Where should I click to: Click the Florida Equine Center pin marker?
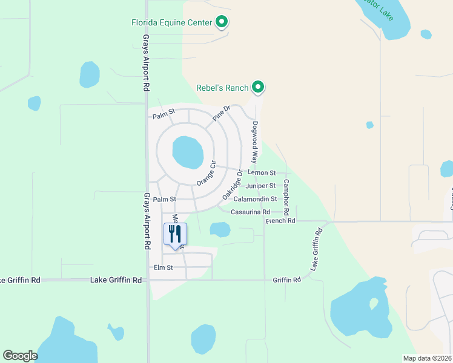(x=222, y=22)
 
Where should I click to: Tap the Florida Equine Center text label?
(x=171, y=23)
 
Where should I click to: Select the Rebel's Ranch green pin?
(x=259, y=88)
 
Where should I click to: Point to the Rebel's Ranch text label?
(x=222, y=88)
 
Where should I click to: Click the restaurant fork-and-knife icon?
(x=176, y=234)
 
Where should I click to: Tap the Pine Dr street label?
(x=222, y=114)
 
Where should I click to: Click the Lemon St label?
(x=262, y=173)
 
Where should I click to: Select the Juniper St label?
(x=261, y=186)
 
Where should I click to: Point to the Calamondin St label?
(x=255, y=198)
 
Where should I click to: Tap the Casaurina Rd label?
(x=250, y=212)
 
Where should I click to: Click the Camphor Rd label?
(x=286, y=198)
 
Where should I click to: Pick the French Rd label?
(x=280, y=221)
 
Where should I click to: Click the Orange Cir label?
(x=205, y=174)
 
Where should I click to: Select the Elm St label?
(x=163, y=267)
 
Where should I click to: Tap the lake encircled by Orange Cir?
(x=188, y=152)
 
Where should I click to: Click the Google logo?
(x=21, y=356)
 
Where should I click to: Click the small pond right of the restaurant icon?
(x=220, y=229)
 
